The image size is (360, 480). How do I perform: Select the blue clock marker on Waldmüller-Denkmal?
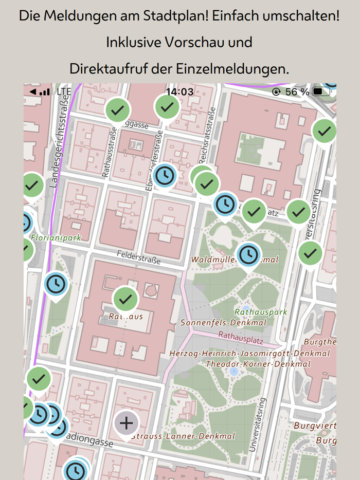click(248, 254)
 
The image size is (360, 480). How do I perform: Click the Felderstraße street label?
click(138, 257)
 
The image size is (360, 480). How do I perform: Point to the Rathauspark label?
click(261, 312)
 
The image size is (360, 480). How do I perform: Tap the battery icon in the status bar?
click(322, 91)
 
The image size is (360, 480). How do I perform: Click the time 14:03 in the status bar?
click(179, 91)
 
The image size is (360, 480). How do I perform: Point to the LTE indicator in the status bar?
click(64, 91)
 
